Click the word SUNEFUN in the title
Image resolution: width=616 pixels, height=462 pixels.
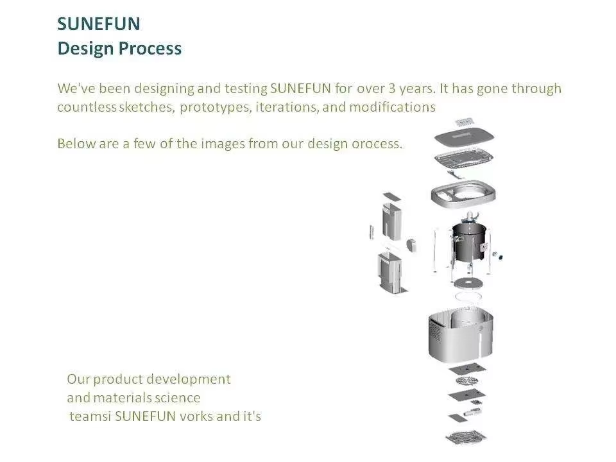click(99, 24)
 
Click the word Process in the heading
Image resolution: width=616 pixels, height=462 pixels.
click(150, 48)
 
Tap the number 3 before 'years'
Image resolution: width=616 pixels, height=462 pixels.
click(391, 88)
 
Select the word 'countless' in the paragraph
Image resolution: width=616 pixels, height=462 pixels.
click(87, 107)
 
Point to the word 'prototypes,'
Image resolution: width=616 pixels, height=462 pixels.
click(216, 107)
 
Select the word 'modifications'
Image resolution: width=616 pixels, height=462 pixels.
click(392, 107)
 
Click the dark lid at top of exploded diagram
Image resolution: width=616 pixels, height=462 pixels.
click(464, 138)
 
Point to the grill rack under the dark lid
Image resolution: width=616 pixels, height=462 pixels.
click(464, 158)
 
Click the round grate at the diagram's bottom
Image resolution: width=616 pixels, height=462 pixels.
click(466, 437)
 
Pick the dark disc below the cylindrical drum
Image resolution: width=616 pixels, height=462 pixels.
click(468, 282)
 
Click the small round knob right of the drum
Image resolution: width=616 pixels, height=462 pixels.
click(498, 256)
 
